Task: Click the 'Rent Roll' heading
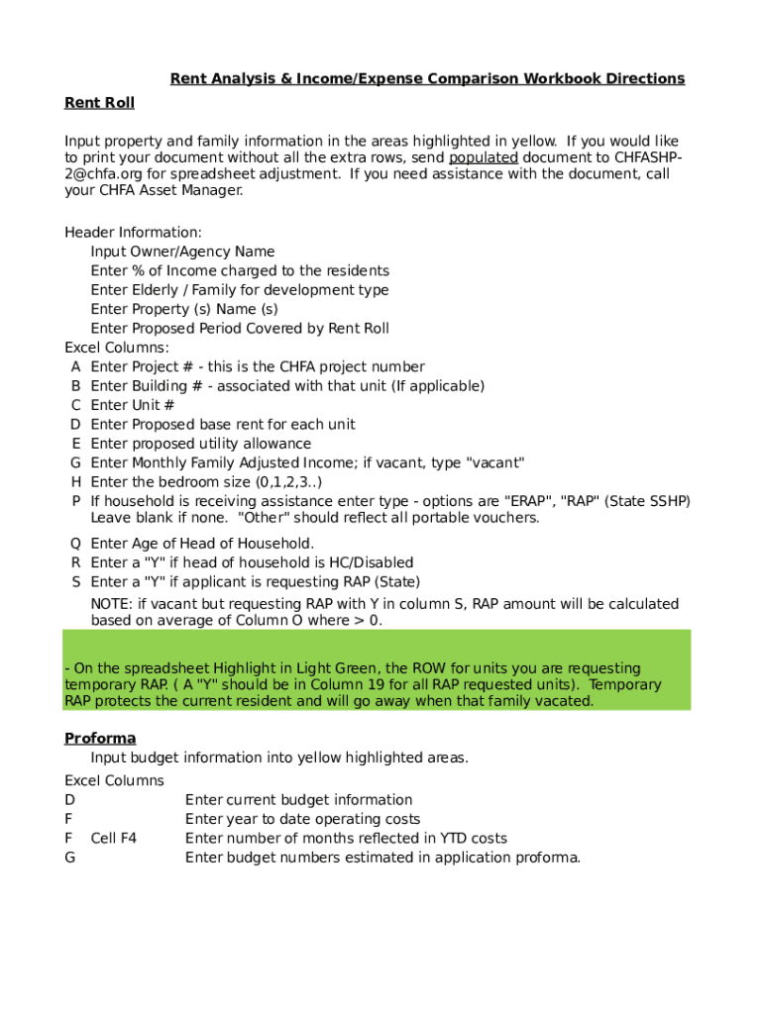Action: coord(99,103)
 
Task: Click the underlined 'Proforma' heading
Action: coord(100,739)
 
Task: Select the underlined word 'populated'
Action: coord(484,157)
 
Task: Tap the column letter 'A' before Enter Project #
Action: coord(75,366)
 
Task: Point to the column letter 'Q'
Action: coord(75,544)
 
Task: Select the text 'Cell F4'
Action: coord(113,839)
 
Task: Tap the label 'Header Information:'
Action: coord(133,233)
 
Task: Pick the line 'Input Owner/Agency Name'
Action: coord(182,252)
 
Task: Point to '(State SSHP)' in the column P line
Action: coord(650,501)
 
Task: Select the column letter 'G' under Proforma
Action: coord(69,858)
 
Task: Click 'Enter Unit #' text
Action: coord(133,405)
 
